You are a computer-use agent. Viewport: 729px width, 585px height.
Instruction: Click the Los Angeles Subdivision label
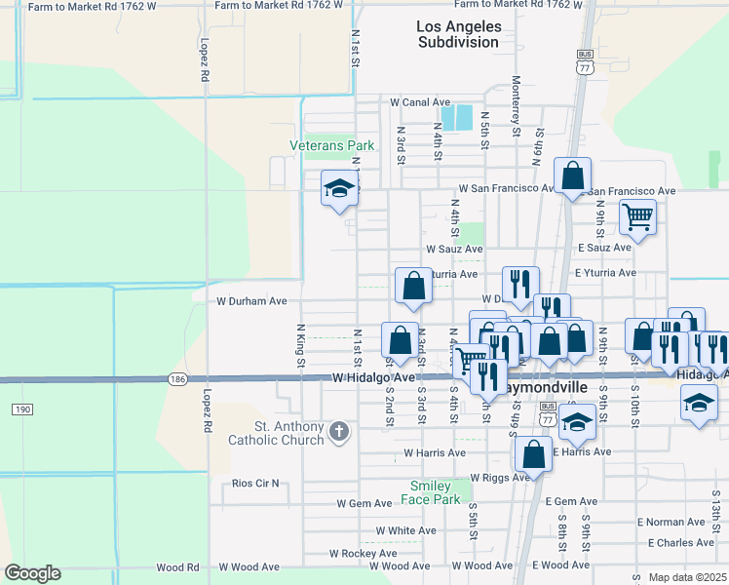click(458, 34)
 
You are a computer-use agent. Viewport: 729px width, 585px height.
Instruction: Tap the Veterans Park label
click(331, 146)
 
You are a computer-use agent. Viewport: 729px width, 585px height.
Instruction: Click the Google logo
click(33, 573)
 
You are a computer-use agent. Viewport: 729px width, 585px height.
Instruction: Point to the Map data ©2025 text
click(687, 577)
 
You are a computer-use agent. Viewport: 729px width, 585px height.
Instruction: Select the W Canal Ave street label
click(420, 101)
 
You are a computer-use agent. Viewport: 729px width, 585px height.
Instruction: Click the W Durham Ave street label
click(250, 301)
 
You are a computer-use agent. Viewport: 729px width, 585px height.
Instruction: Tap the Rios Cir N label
click(255, 483)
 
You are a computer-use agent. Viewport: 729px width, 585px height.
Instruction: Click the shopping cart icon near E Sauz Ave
click(637, 215)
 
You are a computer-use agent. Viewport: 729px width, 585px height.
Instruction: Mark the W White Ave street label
click(405, 530)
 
